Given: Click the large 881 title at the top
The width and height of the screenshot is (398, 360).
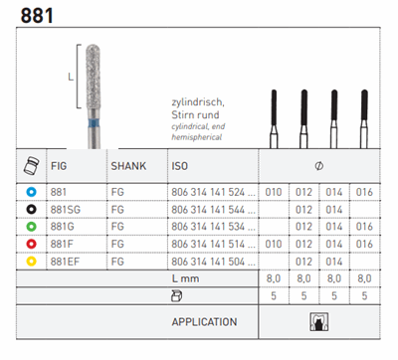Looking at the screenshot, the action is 37,16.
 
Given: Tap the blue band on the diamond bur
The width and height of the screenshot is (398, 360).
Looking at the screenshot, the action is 94,123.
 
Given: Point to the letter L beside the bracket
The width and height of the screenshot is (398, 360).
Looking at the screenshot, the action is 71,77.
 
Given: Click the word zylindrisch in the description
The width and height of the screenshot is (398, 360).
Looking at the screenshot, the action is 198,102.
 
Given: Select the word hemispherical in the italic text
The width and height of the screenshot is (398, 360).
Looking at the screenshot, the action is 197,137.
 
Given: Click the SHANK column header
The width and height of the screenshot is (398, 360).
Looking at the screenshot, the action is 128,166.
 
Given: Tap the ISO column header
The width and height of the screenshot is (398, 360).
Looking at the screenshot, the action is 180,166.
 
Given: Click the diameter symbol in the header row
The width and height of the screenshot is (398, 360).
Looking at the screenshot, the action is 319,166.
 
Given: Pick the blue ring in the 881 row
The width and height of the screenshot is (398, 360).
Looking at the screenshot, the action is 32,192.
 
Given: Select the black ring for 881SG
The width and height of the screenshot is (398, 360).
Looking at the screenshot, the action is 32,210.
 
